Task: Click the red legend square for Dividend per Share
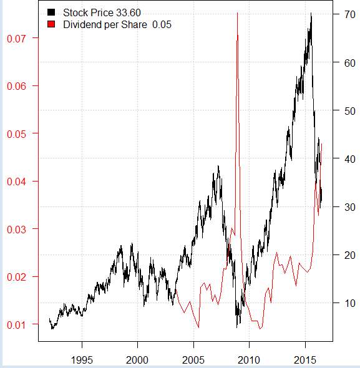tap(51, 24)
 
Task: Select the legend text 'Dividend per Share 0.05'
tap(117, 24)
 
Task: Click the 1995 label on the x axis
tap(82, 360)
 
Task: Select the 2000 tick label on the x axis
tap(137, 360)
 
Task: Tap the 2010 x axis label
tap(249, 360)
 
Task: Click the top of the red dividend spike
tap(237, 13)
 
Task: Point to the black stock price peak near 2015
tap(311, 14)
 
